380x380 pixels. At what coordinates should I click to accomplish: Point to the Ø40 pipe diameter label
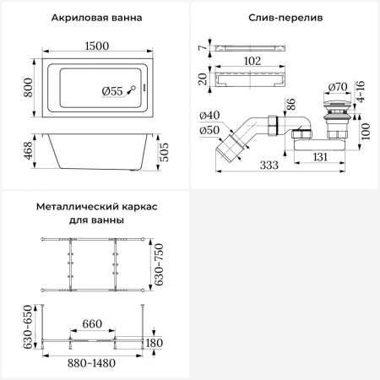click(x=210, y=115)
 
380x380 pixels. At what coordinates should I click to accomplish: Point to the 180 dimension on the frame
click(x=154, y=342)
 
